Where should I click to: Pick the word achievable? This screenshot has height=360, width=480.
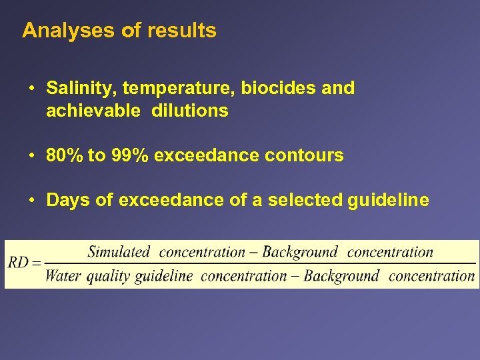click(93, 111)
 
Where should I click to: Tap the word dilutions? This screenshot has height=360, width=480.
click(190, 111)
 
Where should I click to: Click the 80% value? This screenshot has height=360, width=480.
click(65, 156)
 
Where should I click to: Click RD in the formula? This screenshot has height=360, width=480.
click(18, 263)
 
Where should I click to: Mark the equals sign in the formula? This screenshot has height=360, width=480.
click(37, 263)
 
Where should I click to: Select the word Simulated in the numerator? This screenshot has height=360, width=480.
click(119, 252)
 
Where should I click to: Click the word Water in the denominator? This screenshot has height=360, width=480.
click(63, 275)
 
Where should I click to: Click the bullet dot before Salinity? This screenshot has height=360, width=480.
click(31, 89)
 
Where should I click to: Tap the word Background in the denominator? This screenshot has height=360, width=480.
click(341, 275)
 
